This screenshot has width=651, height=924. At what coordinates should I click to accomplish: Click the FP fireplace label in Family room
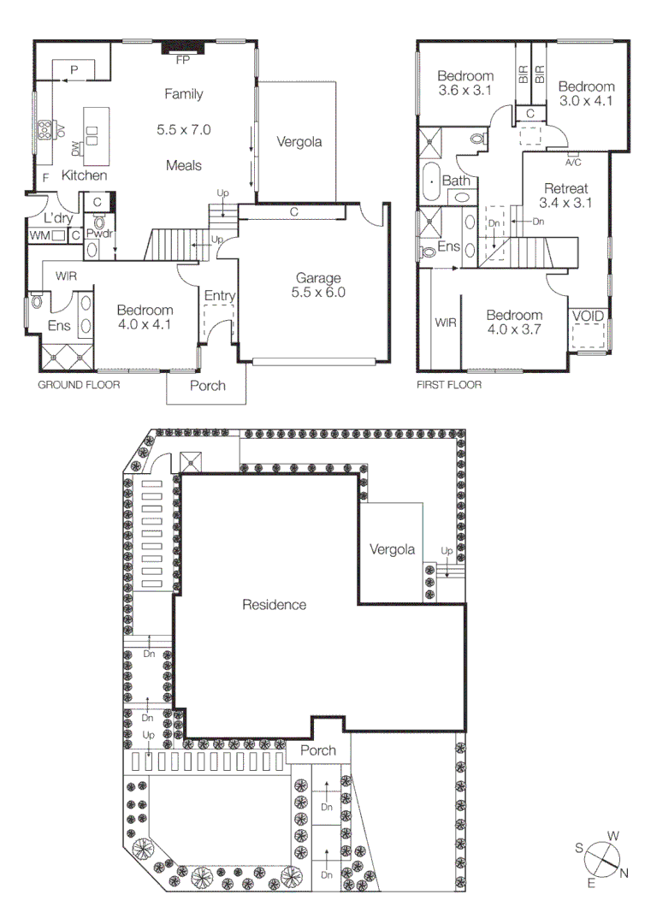182,61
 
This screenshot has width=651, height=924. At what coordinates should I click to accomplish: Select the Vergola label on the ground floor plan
299,142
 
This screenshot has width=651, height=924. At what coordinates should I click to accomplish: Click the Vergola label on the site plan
392,549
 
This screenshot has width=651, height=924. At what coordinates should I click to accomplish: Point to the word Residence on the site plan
274,605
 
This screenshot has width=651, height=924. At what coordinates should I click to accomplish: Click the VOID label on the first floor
588,317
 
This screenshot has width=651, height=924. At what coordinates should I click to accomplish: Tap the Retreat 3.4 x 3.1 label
565,196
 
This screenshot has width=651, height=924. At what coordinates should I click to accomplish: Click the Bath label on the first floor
457,181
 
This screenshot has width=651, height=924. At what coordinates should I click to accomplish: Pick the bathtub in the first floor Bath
431,181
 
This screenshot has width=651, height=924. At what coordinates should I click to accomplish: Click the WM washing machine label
39,234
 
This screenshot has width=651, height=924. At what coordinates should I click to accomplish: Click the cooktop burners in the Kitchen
43,130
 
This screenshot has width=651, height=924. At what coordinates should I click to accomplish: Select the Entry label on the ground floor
219,296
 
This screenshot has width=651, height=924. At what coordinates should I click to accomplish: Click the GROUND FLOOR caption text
78,385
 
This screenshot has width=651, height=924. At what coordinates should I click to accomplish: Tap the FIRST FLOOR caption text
448,385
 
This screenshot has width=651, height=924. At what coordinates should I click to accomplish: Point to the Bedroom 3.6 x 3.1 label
465,82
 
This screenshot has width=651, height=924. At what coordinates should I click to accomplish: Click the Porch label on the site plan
317,751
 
